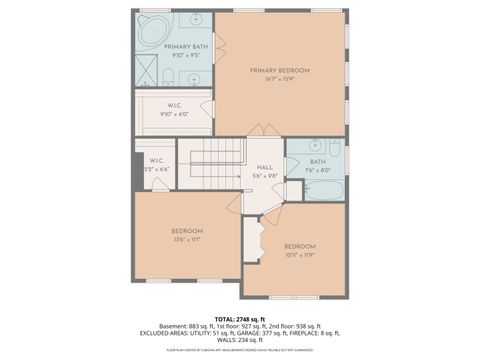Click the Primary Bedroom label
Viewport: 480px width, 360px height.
[279, 70]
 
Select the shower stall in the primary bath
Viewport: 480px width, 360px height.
[146, 73]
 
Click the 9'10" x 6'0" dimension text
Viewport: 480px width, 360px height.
[173, 114]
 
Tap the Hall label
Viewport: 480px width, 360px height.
[264, 168]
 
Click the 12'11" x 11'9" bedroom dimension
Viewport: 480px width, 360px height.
[299, 254]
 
